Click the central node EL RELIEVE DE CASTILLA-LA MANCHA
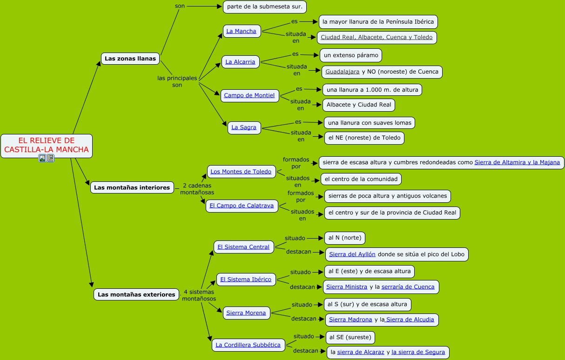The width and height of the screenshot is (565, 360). (x=46, y=145)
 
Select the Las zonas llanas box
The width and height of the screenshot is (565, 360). (x=130, y=59)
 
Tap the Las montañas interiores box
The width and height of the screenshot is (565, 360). (x=132, y=187)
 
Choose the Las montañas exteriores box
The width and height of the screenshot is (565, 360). (x=136, y=294)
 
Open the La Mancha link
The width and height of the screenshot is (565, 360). (x=241, y=31)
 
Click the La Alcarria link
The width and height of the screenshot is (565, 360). (x=240, y=61)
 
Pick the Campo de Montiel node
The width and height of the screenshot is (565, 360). (x=249, y=95)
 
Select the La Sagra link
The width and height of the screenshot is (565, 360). (x=244, y=127)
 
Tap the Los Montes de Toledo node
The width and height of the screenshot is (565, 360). (x=241, y=171)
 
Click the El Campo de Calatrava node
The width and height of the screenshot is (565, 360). (x=242, y=205)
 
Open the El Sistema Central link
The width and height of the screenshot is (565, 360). (x=243, y=247)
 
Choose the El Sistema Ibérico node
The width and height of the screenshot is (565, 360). (x=246, y=280)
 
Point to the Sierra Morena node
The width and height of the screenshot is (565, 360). (x=246, y=313)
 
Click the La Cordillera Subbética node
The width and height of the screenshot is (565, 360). (x=248, y=345)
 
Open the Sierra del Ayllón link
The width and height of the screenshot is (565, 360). (x=352, y=254)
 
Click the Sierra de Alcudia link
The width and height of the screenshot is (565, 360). (x=410, y=319)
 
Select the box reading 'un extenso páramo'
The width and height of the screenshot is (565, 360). (x=351, y=55)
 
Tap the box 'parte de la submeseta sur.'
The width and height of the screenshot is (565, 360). (x=264, y=7)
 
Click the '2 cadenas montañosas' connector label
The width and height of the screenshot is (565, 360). (x=197, y=189)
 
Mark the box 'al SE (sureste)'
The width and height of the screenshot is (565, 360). (x=350, y=337)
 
